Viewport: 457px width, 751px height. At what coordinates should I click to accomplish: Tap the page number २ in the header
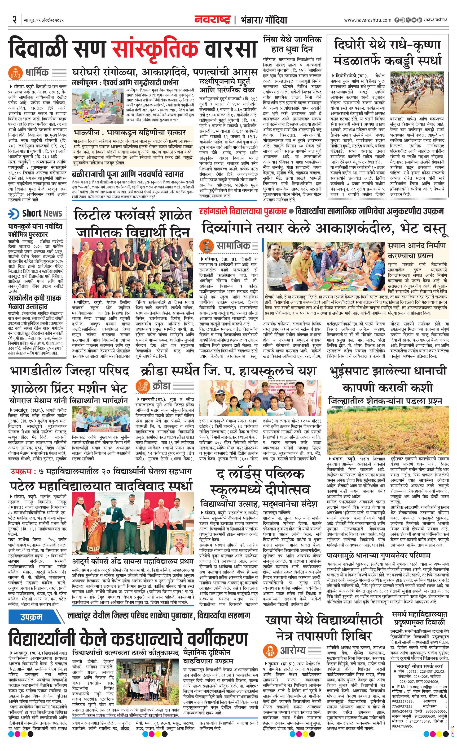pos(14,20)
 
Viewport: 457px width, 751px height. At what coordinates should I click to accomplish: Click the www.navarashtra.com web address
pos(368,20)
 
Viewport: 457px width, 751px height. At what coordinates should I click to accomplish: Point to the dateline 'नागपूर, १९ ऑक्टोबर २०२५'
pos(44,20)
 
